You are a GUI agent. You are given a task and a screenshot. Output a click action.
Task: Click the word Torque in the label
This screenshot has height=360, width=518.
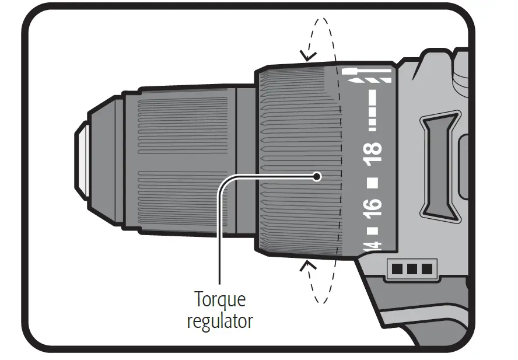coord(220,301)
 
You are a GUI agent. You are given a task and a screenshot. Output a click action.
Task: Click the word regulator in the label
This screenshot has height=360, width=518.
coord(220,320)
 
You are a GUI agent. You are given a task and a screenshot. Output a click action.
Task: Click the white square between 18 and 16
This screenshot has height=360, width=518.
coord(373,181)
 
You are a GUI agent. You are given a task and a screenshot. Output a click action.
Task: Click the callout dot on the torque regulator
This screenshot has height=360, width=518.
coord(317,176)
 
